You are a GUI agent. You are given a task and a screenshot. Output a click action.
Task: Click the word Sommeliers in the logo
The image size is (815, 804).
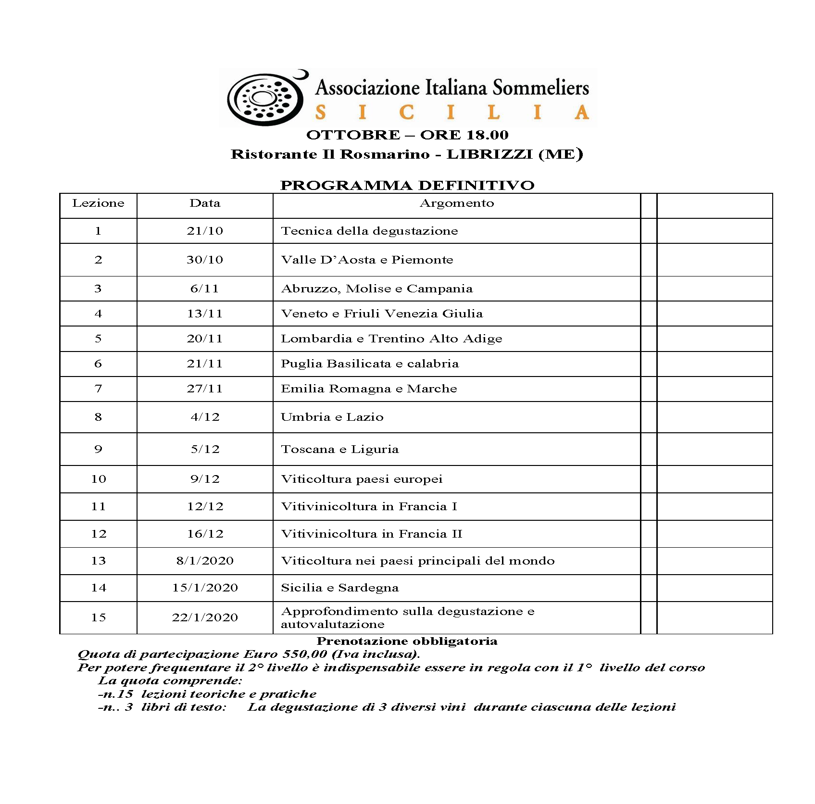[541, 88]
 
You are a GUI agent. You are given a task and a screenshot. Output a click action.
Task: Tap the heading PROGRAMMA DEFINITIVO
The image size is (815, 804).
[407, 186]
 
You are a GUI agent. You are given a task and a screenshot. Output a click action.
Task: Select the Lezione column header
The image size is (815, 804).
[98, 203]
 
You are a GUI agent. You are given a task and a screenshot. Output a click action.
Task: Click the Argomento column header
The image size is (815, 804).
[456, 203]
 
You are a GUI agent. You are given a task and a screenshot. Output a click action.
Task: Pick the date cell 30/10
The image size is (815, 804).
[205, 260]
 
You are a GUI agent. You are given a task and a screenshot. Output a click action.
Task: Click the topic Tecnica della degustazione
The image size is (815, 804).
[369, 231]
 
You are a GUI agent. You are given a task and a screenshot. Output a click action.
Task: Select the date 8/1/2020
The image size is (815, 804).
[205, 561]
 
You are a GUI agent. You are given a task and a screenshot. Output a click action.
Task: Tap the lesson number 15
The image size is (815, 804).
[98, 617]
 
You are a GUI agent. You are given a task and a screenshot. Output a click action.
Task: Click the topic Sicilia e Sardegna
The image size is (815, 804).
[339, 588]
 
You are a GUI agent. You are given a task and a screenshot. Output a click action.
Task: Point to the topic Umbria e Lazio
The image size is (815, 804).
[332, 417]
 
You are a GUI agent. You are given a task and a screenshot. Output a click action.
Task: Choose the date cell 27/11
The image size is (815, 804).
[205, 389]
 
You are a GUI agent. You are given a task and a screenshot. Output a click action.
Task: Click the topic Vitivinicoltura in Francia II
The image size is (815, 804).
[371, 534]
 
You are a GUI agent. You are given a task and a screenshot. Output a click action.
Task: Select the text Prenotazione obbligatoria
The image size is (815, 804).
[407, 641]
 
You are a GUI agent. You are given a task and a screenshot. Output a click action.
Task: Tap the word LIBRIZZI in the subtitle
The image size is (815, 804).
[489, 154]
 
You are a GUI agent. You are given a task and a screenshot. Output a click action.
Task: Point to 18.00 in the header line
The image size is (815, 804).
[486, 135]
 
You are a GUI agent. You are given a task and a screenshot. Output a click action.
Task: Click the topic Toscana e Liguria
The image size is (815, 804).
[339, 449]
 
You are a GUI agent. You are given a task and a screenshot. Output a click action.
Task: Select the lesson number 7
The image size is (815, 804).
[98, 389]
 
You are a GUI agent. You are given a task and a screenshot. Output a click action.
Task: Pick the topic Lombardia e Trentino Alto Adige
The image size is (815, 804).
[391, 339]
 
